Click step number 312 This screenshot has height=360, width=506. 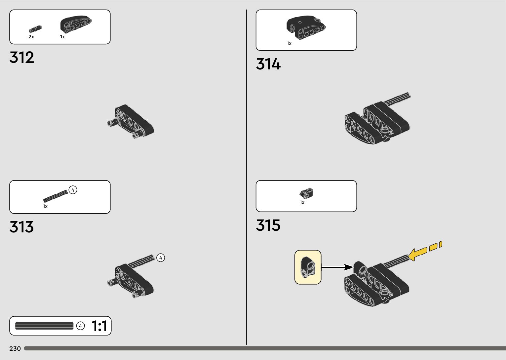tap(22, 58)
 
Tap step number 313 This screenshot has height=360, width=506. tap(22, 227)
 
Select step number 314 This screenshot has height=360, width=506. tap(268, 64)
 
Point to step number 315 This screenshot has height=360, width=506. tap(268, 225)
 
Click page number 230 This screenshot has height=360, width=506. tap(15, 348)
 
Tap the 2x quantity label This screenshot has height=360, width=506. tap(31, 37)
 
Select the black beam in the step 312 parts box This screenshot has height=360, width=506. tap(76, 24)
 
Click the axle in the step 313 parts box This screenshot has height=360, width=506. tap(55, 196)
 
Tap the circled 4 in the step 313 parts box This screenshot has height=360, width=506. tap(73, 190)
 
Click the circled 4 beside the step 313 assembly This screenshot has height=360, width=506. tap(161, 258)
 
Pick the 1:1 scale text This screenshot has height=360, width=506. tap(99, 326)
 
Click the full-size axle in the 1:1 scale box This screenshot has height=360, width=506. tap(44, 326)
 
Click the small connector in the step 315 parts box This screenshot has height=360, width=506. tap(307, 193)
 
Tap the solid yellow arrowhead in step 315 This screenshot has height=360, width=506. tap(415, 254)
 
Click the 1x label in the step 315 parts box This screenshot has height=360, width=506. tap(302, 202)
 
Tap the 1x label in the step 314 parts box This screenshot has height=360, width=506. tap(289, 43)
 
